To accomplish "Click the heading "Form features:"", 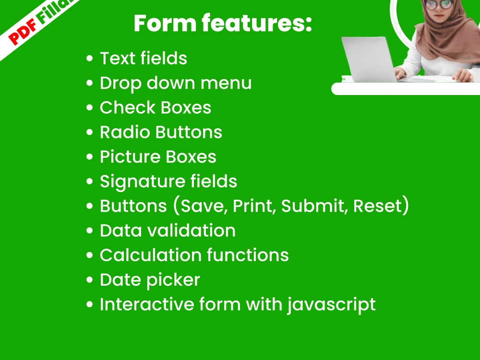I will pos(223,23).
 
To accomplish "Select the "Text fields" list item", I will pos(143,59).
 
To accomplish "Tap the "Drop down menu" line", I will pos(175,83).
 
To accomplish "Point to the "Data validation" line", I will pos(168,231).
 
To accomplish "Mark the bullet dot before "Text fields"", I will pos(89,59).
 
